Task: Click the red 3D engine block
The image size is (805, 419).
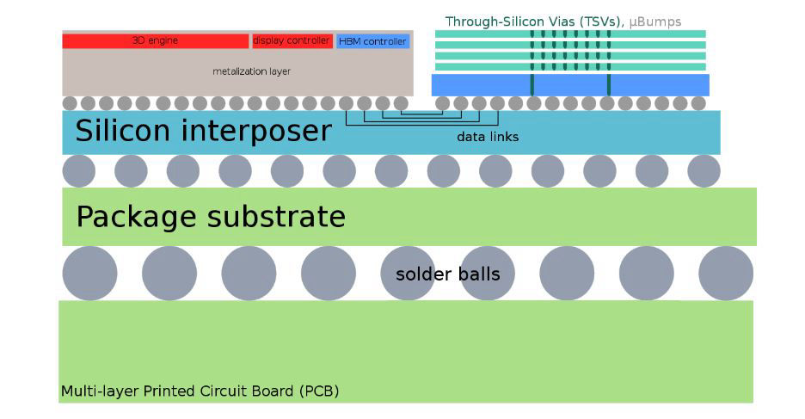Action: pos(155,40)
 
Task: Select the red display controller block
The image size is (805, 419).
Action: pos(292,40)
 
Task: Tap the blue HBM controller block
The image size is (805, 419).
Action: pos(372,41)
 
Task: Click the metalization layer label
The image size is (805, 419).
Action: pos(251,71)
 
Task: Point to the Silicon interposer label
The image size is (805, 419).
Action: pos(203,131)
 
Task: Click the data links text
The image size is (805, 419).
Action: pos(488,137)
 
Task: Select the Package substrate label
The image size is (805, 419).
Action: pos(211,217)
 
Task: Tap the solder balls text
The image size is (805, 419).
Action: pos(447,274)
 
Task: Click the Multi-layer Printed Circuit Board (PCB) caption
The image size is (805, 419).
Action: pos(200,391)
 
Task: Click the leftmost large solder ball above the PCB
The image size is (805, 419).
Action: pos(89,273)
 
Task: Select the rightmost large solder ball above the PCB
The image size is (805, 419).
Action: pos(726,273)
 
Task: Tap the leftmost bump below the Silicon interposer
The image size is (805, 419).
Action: pos(79,171)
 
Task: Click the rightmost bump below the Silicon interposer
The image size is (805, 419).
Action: pos(704,171)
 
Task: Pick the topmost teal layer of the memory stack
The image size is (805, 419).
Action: pos(569,34)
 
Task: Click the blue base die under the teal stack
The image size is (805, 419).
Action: pos(569,84)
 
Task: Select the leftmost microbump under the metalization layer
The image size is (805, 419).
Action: pos(70,103)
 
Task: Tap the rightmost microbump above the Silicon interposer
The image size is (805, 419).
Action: pos(698,103)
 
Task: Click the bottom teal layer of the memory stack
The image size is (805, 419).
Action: pos(569,66)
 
